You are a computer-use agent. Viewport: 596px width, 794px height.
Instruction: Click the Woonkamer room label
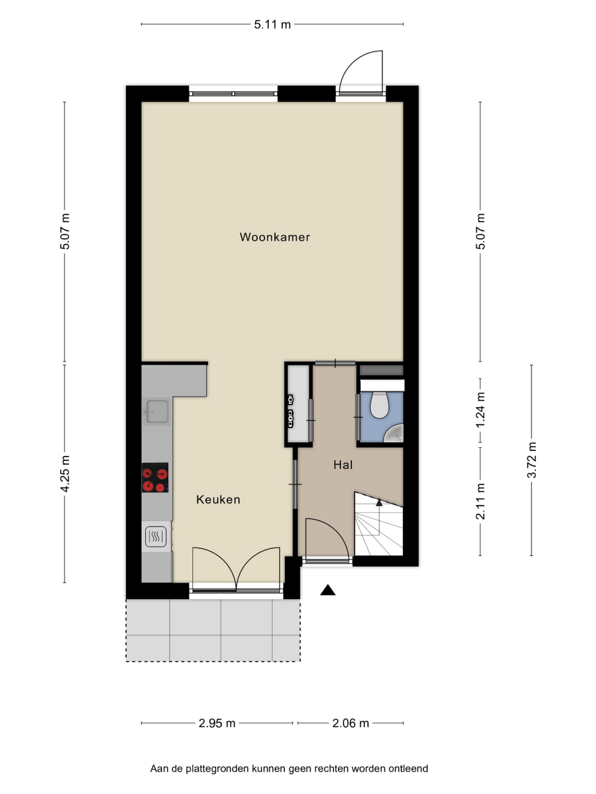click(274, 237)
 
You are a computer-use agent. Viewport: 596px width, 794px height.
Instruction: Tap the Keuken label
click(218, 499)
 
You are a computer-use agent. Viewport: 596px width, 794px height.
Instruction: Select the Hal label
click(343, 465)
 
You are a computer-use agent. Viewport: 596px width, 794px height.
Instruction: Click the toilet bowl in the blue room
click(379, 405)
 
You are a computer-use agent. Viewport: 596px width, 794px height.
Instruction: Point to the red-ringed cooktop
click(155, 477)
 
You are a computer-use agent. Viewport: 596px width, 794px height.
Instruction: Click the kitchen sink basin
click(158, 411)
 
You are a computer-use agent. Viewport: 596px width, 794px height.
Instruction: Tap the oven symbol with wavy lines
click(156, 536)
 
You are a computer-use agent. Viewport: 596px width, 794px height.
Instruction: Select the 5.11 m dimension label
click(272, 25)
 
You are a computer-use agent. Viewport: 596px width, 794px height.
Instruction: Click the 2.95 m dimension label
click(217, 723)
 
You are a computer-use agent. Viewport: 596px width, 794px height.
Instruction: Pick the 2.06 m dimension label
click(351, 723)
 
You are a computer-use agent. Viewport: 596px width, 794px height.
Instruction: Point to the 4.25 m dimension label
click(65, 473)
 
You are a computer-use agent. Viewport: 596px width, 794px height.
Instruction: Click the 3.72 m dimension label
click(531, 460)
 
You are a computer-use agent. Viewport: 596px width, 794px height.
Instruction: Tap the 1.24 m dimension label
click(480, 410)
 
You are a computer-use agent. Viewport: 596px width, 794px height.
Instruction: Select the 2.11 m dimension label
click(480, 501)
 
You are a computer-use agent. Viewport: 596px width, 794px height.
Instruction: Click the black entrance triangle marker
click(328, 591)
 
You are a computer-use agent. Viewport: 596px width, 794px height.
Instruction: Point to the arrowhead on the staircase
click(379, 502)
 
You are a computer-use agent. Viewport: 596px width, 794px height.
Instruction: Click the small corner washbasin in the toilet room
click(394, 434)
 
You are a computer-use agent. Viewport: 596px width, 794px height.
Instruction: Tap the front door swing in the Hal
click(335, 530)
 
